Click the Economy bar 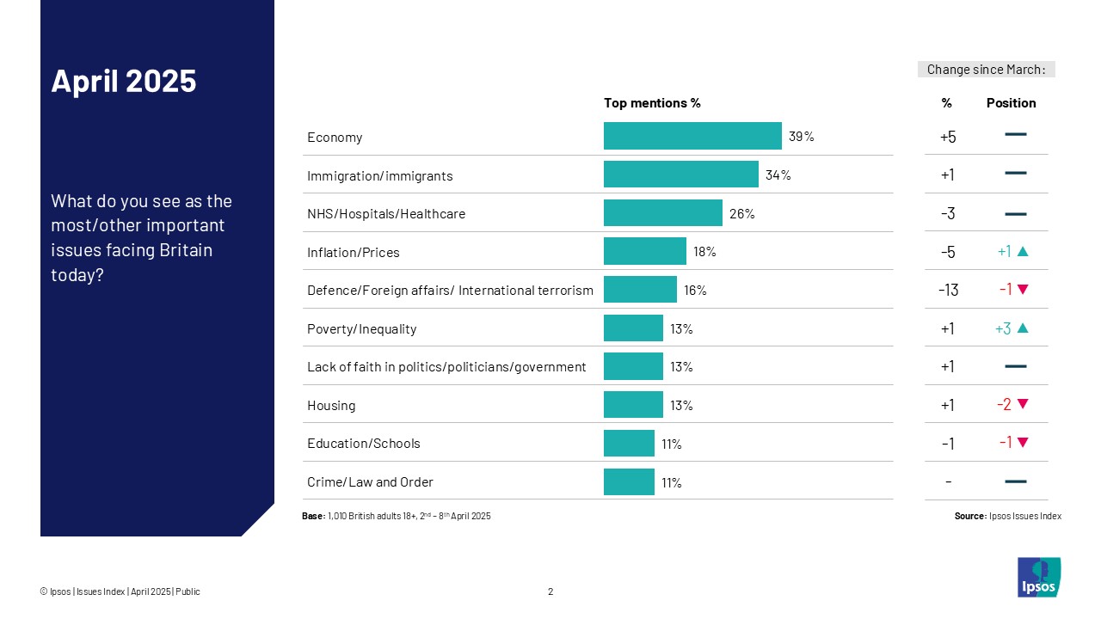[692, 136]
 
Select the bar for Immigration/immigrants [680, 175]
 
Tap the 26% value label [741, 214]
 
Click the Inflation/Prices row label [353, 253]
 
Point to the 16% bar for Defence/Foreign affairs [640, 290]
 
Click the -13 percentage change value [948, 290]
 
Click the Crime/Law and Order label [370, 482]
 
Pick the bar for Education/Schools [629, 444]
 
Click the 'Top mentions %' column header [652, 103]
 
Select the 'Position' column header [1011, 103]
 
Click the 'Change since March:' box [986, 70]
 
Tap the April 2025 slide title [124, 81]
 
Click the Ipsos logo [1039, 577]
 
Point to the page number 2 [550, 591]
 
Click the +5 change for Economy [948, 137]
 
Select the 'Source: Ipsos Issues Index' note [1007, 516]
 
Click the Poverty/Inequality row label [361, 329]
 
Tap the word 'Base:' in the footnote [313, 516]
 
